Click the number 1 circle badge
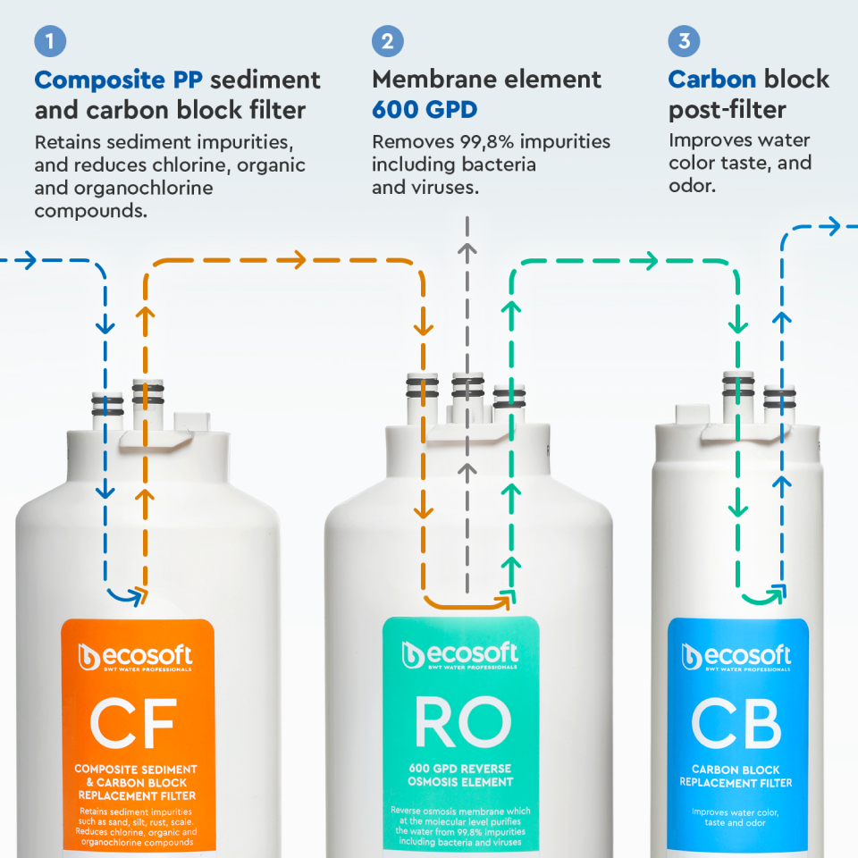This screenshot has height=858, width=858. [x=51, y=41]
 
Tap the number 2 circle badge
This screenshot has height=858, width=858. [x=388, y=41]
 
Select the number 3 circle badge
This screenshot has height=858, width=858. [x=684, y=41]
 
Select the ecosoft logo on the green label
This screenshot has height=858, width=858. [x=460, y=655]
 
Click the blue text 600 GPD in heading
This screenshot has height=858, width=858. [x=425, y=110]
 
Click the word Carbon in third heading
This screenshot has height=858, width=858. [x=712, y=80]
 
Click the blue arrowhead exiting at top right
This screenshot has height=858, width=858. [x=831, y=226]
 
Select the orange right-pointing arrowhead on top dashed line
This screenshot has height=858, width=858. [x=296, y=260]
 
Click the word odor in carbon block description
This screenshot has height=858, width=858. [x=693, y=186]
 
